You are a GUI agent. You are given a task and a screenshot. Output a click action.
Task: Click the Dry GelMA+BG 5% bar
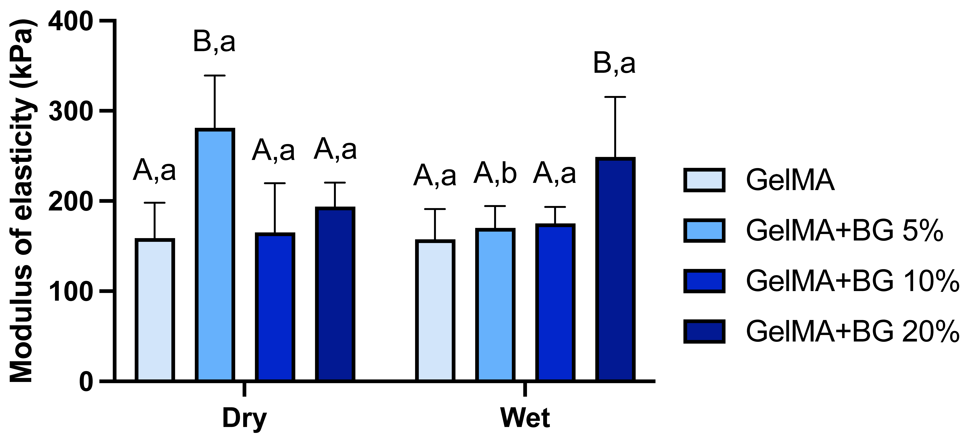click(215, 255)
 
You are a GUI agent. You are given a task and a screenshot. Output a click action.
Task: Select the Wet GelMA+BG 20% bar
click(615, 270)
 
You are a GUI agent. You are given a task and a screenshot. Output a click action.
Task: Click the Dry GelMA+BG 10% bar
click(275, 307)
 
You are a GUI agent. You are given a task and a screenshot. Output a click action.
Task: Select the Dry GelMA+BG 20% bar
click(335, 294)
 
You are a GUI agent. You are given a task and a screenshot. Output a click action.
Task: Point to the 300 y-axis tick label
click(71, 111)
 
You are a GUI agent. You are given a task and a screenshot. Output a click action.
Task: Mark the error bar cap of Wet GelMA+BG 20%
click(615, 97)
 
